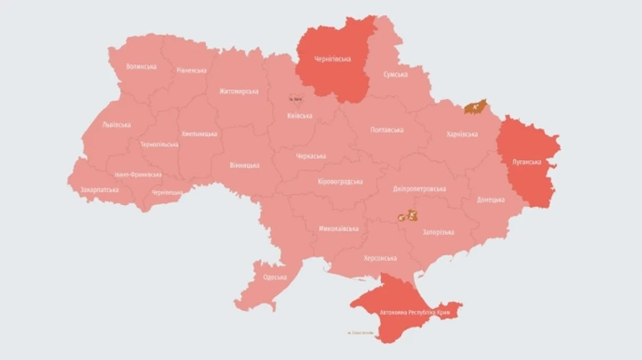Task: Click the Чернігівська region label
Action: [x=333, y=59]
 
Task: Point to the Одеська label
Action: [x=275, y=277]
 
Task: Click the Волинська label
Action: [x=141, y=67]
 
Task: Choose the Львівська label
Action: [x=116, y=125]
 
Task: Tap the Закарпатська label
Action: [x=99, y=190]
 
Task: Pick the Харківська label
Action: [x=462, y=133]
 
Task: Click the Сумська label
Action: [x=395, y=75]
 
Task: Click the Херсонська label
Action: [x=380, y=257]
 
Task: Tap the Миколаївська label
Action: [x=339, y=228]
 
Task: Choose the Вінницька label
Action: [x=244, y=165]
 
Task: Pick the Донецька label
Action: [x=491, y=200]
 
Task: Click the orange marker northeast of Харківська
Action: [x=476, y=106]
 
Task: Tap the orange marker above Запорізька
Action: [x=408, y=216]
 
